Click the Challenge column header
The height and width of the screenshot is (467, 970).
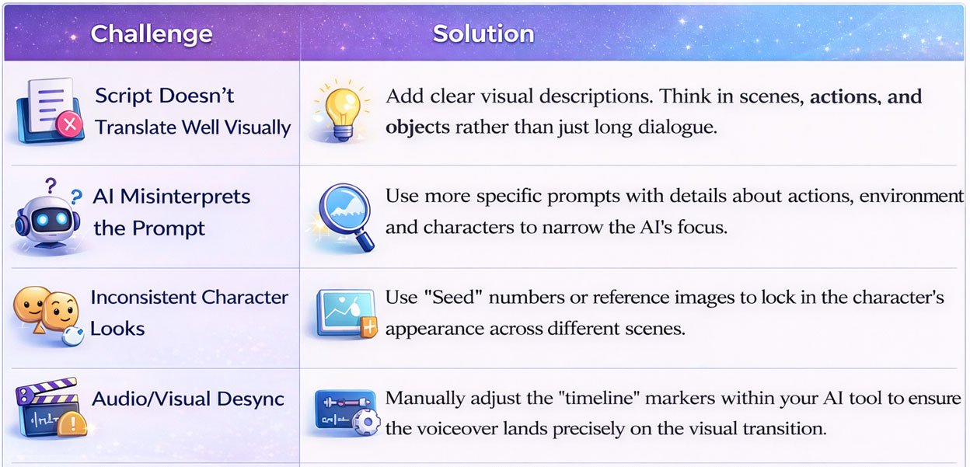[x=151, y=34]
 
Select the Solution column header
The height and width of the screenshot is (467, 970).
[x=483, y=34]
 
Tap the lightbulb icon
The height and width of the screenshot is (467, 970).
[x=338, y=110]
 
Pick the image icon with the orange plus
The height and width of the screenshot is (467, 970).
[x=344, y=312]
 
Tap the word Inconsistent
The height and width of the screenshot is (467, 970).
[x=143, y=298]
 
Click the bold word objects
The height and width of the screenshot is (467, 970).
[x=417, y=127]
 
